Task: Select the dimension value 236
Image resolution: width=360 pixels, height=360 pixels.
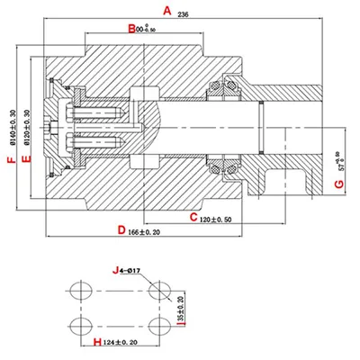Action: (x=184, y=15)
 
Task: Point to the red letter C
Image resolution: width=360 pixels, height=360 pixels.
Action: (x=193, y=217)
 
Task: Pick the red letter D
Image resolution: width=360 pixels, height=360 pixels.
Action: (x=121, y=230)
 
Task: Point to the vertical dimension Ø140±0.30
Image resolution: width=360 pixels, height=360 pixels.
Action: (x=13, y=127)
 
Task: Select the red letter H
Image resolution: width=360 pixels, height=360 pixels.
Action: (x=97, y=343)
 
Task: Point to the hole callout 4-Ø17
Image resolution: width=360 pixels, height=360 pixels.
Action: (x=131, y=269)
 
